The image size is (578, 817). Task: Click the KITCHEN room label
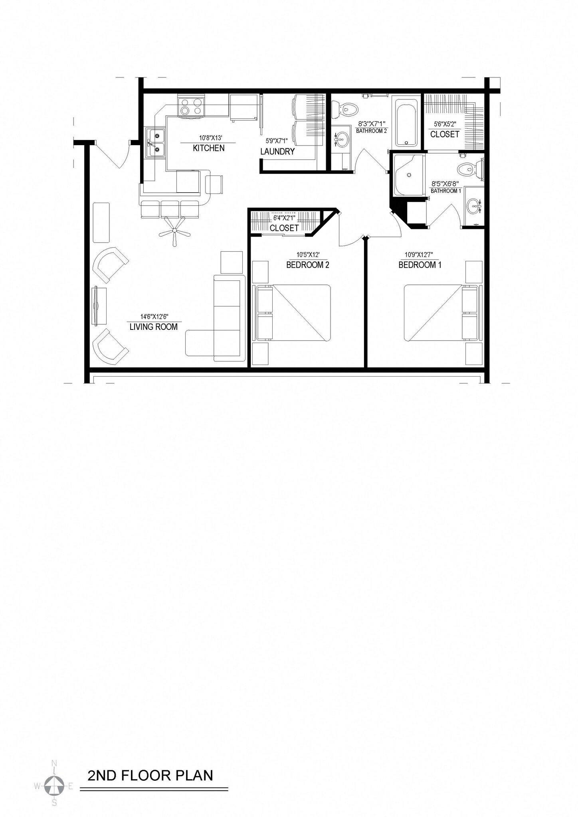(x=208, y=148)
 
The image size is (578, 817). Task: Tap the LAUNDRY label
(x=277, y=152)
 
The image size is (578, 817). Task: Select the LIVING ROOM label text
(x=153, y=327)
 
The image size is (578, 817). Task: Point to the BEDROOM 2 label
(x=308, y=265)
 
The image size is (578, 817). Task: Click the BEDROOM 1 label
(x=420, y=265)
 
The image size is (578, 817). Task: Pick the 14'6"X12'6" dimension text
(x=154, y=317)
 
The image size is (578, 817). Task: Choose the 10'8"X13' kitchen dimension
(x=210, y=138)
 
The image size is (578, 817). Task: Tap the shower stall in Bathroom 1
(x=408, y=175)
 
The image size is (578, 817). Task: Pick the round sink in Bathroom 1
(x=474, y=207)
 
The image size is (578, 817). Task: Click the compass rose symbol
(x=54, y=785)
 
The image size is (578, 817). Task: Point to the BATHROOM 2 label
(x=371, y=131)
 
